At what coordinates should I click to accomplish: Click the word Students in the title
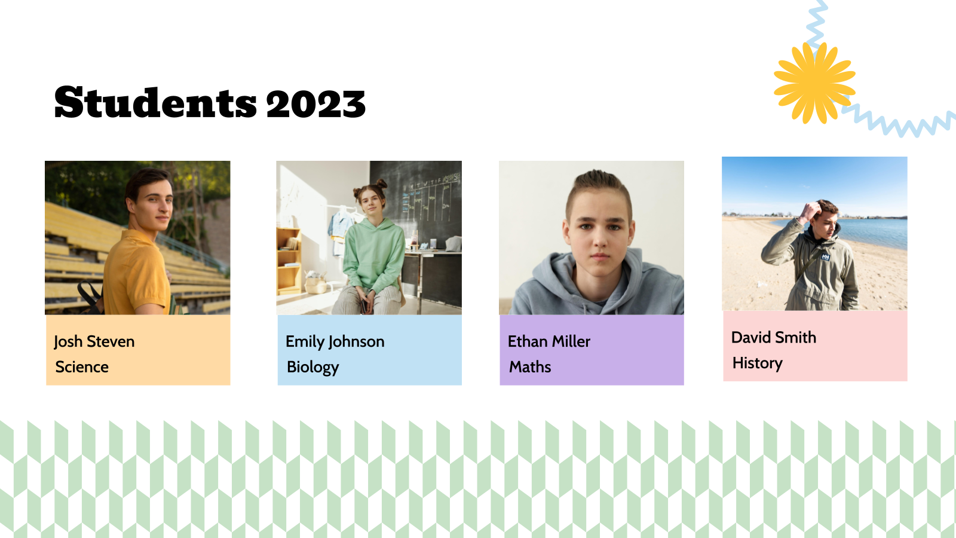(x=155, y=103)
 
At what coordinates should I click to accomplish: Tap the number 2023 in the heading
(x=315, y=104)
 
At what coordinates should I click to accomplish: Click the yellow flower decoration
(x=814, y=82)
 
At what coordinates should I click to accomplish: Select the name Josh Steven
(x=94, y=341)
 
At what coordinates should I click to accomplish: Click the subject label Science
(x=82, y=367)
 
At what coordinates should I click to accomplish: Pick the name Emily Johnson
(x=335, y=341)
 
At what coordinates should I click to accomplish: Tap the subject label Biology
(x=312, y=367)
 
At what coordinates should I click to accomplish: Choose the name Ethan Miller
(x=549, y=341)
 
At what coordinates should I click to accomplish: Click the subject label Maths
(x=530, y=367)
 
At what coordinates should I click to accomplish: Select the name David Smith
(x=773, y=338)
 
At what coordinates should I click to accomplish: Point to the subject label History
(x=757, y=363)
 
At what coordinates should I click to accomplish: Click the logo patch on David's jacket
(x=825, y=256)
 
